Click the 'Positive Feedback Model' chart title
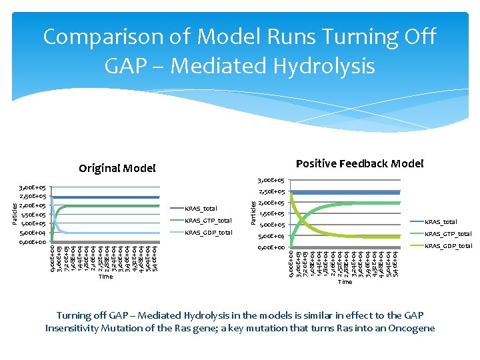click(359, 163)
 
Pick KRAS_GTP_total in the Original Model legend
click(208, 221)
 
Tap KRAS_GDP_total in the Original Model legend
click(208, 233)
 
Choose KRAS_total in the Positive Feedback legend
click(441, 222)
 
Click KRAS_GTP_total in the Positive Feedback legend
click(448, 234)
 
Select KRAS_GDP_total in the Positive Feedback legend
click(448, 246)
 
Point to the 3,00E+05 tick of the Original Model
click(31, 188)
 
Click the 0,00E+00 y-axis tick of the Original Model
click(31, 242)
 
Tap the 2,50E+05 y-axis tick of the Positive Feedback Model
click(271, 192)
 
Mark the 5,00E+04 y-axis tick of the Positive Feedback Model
click(271, 237)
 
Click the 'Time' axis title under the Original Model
click(105, 277)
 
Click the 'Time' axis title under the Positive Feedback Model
click(345, 282)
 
